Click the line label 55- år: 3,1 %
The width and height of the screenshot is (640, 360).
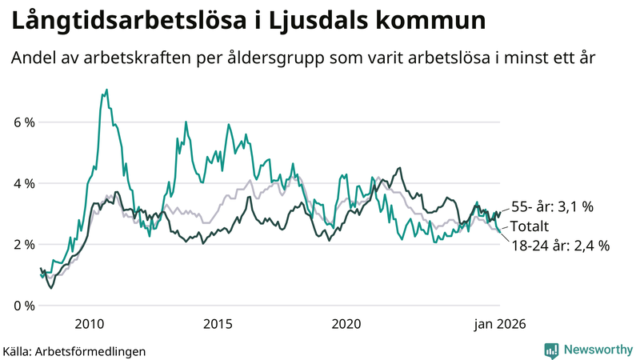coord(551,206)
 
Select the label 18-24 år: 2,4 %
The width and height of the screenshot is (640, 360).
coord(560,246)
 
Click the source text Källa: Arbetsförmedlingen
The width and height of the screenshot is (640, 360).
coord(74,350)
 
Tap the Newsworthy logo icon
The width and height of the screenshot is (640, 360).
coord(551,350)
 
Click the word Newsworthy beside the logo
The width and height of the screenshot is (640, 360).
coord(599,350)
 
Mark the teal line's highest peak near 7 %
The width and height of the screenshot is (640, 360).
coord(106,90)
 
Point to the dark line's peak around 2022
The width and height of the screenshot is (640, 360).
coord(400,168)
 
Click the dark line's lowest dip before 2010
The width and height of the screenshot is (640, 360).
coord(51,287)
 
